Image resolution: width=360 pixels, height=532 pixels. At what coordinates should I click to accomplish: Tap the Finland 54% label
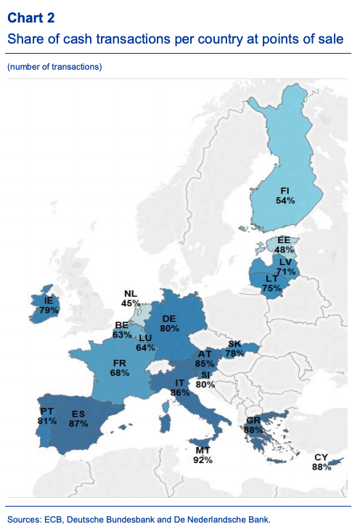pos(285,195)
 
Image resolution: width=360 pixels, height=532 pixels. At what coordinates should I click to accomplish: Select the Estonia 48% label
pos(284,244)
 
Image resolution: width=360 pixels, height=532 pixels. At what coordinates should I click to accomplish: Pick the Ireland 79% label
pos(49,305)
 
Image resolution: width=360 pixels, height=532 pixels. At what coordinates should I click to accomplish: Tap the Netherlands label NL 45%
pos(131,298)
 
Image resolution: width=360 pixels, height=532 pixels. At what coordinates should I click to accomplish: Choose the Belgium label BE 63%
pos(121,330)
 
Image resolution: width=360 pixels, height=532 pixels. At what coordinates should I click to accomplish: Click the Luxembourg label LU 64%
pos(145,343)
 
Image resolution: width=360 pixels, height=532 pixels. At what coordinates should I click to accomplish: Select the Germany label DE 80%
pos(170,323)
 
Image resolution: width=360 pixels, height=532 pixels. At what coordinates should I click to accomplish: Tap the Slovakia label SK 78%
pos(234,348)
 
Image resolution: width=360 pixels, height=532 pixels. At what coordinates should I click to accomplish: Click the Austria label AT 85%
pos(204,359)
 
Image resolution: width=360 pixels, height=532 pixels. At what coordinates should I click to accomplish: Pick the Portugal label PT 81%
pos(46,416)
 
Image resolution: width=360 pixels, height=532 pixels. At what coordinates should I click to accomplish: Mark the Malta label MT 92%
pos(202,454)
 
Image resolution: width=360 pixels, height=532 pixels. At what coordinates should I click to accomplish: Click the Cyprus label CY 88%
pos(322,462)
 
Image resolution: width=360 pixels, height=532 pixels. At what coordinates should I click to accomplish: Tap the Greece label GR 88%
pos(253,425)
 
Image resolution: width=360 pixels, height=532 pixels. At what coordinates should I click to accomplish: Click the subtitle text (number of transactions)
pos(54,67)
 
